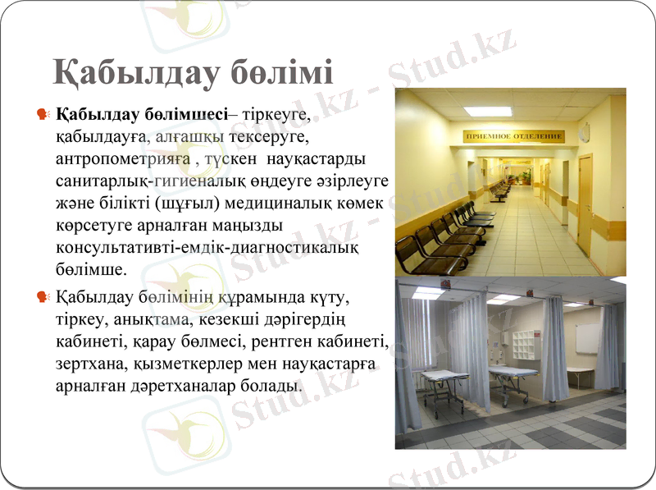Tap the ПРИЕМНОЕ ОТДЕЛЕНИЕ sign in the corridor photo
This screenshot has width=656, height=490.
[514, 135]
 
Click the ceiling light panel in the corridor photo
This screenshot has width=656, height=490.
[487, 111]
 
